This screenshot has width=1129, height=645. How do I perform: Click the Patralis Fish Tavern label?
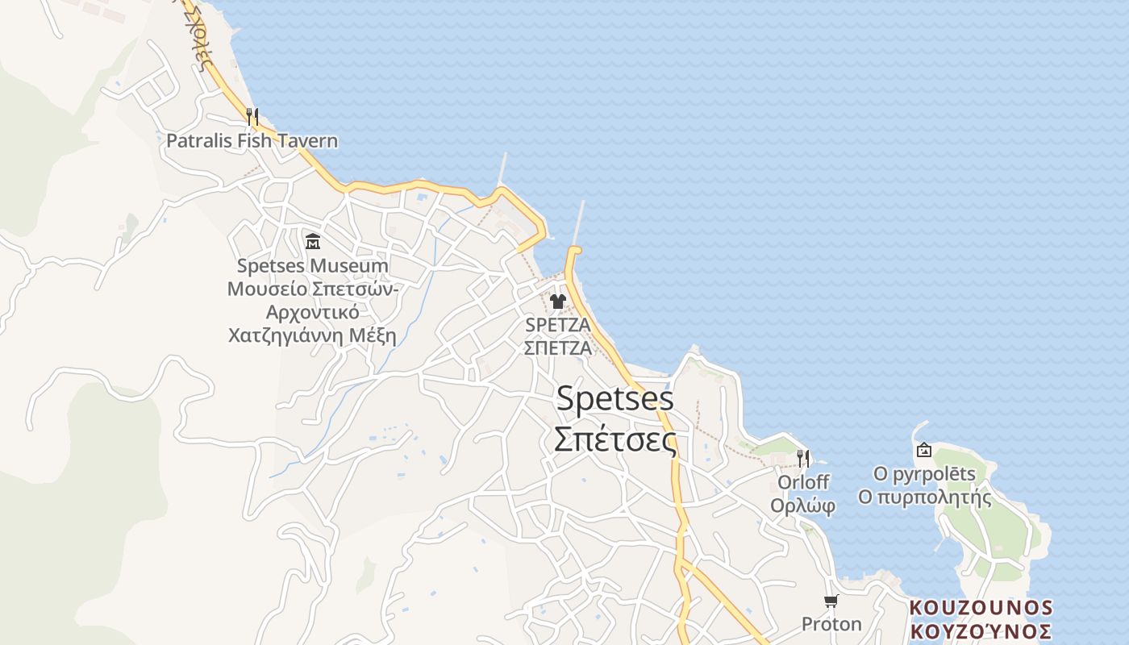[x=252, y=141]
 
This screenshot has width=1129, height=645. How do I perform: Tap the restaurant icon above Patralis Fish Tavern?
[x=252, y=116]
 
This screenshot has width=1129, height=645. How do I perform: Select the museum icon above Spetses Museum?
[x=313, y=241]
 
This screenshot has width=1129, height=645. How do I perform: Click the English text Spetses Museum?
[x=312, y=266]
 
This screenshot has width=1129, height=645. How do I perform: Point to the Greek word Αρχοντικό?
[x=312, y=312]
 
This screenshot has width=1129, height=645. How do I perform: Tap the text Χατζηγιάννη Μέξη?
[x=312, y=335]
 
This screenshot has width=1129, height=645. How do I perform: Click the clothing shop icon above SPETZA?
[x=557, y=302]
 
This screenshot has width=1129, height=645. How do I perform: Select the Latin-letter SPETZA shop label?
[x=557, y=325]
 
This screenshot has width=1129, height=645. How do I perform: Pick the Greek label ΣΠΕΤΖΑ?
[x=557, y=348]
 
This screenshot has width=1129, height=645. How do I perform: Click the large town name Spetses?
[x=615, y=398]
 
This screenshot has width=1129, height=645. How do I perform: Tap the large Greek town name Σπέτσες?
[x=615, y=439]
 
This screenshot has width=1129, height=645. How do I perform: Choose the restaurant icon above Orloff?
[x=802, y=458]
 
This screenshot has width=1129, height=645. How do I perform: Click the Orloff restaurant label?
[x=802, y=482]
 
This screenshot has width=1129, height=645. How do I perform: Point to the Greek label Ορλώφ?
[x=802, y=506]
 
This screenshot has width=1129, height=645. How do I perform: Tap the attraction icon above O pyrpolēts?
[x=924, y=450]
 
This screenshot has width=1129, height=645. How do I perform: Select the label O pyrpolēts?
[x=924, y=474]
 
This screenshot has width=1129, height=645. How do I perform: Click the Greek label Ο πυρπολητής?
[x=924, y=497]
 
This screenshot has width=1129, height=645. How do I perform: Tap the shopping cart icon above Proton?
[x=831, y=601]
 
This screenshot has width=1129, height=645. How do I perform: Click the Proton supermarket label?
[x=831, y=624]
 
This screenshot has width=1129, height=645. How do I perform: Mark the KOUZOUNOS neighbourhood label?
[x=981, y=607]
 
